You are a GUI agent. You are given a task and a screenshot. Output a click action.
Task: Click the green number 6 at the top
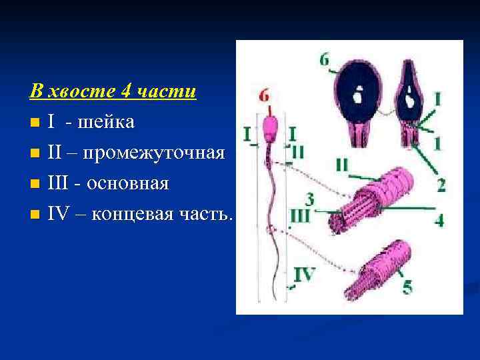click(324, 60)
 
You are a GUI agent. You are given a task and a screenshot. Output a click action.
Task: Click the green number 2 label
click(441, 185)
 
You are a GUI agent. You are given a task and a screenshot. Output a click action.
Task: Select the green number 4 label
click(439, 220)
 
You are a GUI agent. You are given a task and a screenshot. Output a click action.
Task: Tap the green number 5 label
click(407, 287)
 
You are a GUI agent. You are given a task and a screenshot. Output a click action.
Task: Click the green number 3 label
click(309, 198)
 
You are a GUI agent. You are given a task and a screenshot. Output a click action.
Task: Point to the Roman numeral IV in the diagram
click(305, 274)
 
